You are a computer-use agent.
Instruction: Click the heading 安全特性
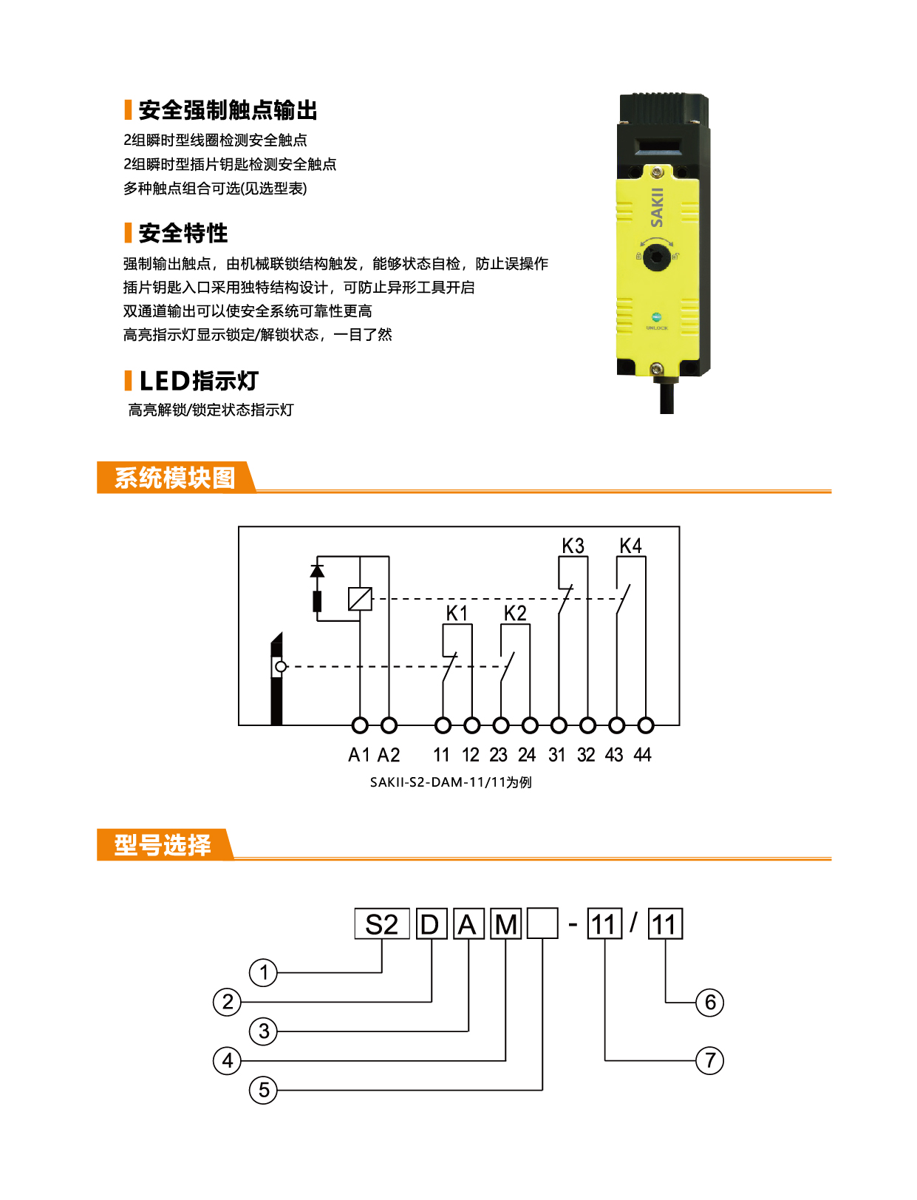[x=183, y=233]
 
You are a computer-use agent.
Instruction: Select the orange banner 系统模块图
[x=176, y=478]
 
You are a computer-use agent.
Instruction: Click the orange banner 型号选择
[x=165, y=844]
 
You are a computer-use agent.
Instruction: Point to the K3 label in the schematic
[x=573, y=546]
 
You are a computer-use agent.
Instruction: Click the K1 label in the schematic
[x=457, y=613]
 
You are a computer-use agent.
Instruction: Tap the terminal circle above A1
[x=360, y=725]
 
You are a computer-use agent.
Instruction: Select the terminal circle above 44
[x=646, y=725]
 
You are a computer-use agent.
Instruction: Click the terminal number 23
[x=498, y=755]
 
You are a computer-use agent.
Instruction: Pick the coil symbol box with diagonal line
[x=360, y=599]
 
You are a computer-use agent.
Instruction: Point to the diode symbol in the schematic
[x=317, y=571]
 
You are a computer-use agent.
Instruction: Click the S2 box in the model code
[x=382, y=924]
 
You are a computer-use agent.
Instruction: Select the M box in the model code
[x=505, y=924]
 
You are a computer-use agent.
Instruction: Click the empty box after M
[x=542, y=924]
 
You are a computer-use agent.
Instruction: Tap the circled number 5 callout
[x=263, y=1090]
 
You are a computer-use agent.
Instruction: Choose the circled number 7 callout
[x=709, y=1060]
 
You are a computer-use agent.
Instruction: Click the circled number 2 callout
[x=227, y=1002]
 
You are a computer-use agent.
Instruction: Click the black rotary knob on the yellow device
[x=656, y=257]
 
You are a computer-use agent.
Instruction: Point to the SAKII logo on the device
[x=656, y=207]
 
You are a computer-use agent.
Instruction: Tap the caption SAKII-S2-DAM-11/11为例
[x=451, y=782]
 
